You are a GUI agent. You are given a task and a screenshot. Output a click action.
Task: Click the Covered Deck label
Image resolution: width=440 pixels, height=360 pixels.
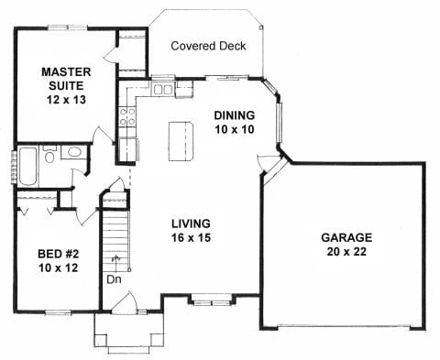coord(208,46)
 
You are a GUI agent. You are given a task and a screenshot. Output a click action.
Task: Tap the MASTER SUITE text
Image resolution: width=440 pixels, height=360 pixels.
coord(66,79)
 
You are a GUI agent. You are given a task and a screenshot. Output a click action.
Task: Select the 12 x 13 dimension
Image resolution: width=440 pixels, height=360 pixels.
coord(66,100)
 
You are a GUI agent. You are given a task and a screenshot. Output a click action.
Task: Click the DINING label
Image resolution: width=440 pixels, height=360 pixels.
coord(235,115)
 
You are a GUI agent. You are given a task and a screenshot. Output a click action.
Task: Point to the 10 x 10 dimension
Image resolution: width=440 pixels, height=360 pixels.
coord(235,129)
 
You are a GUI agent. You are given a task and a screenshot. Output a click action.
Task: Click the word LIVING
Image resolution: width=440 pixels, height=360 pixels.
coord(191,224)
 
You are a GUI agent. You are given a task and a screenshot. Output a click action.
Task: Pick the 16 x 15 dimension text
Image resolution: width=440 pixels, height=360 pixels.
coord(191,237)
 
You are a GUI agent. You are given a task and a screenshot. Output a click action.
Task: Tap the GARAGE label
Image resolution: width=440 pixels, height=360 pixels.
coord(346,237)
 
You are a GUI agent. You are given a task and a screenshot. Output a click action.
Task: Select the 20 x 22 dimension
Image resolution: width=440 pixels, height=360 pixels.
coord(346,252)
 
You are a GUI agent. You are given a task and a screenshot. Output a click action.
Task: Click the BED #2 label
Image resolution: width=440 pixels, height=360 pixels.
coord(59,254)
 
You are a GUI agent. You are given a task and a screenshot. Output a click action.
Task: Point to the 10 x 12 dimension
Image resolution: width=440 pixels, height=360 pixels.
coord(59,268)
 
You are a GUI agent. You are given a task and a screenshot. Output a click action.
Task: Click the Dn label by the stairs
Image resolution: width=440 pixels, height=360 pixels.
coord(114,279)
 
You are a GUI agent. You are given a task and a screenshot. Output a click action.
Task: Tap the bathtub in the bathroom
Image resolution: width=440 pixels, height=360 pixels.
coord(28,167)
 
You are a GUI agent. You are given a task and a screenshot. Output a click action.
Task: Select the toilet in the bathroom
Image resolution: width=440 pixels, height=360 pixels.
coord(49,154)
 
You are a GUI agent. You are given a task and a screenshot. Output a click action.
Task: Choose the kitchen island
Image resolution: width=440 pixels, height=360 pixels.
coord(181,141)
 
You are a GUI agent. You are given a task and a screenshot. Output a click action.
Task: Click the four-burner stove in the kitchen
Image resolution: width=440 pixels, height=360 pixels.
coord(127,116)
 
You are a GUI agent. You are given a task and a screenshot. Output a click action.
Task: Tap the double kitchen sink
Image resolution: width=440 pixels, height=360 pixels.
coord(163,90)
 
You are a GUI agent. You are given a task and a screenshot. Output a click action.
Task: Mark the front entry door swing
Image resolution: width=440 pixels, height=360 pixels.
coord(125,302)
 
